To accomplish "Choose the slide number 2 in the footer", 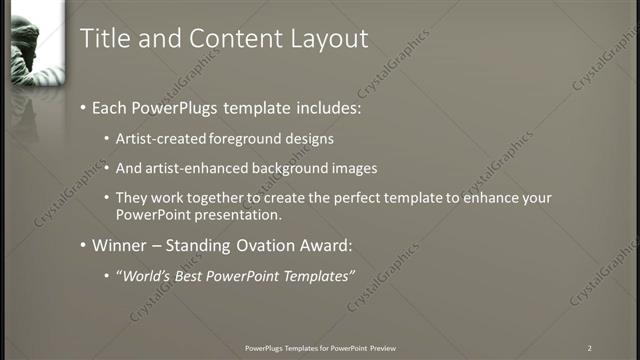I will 589,348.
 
